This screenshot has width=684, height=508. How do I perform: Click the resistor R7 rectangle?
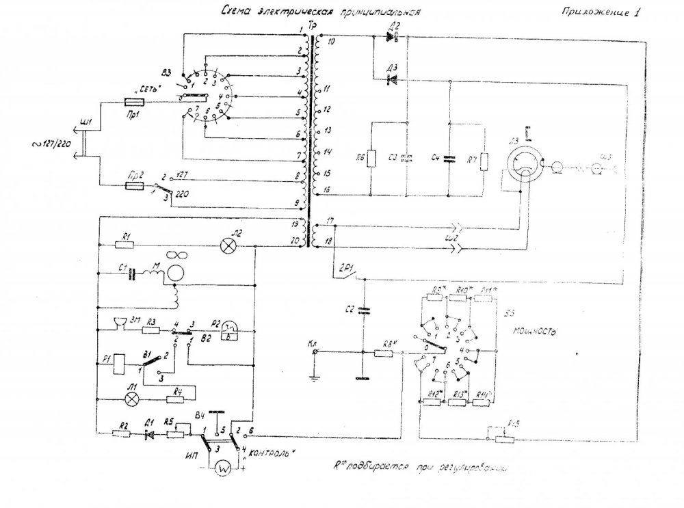(484, 161)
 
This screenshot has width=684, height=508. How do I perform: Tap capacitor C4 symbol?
(449, 159)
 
